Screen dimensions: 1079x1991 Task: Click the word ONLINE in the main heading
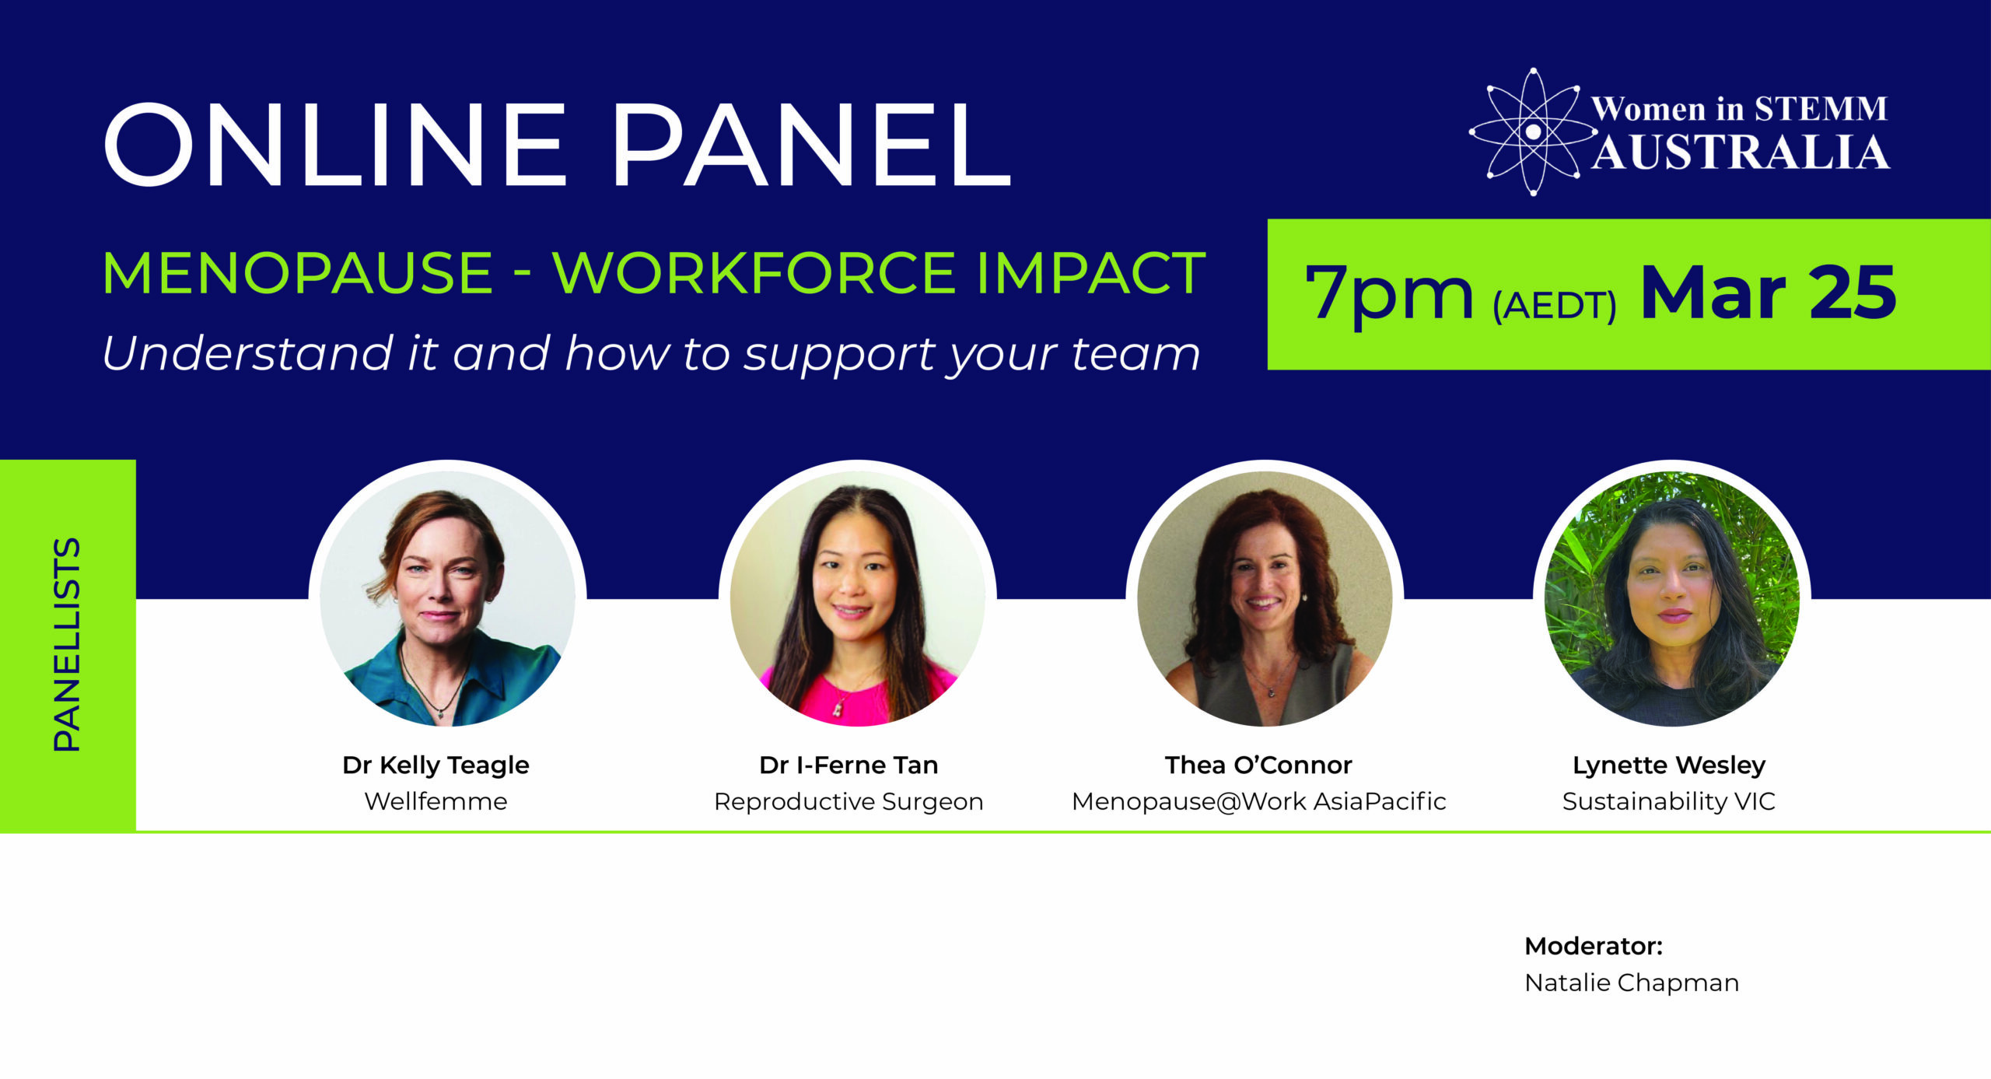(x=334, y=145)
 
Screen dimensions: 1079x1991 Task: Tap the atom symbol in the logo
(x=1532, y=132)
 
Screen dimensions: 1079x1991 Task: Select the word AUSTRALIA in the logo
(x=1741, y=152)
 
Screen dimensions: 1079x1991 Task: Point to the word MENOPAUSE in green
(x=297, y=274)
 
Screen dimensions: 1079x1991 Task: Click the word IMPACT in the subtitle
(x=1090, y=274)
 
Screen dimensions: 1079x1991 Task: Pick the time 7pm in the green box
(x=1389, y=294)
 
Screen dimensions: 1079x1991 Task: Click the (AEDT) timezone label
(x=1554, y=306)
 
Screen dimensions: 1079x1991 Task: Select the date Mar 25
(x=1768, y=293)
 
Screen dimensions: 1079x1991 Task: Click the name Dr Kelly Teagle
(x=436, y=765)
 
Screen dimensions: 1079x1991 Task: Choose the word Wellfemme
(x=436, y=801)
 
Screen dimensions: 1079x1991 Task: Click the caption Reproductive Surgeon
(x=849, y=802)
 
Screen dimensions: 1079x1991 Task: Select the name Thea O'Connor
(x=1258, y=765)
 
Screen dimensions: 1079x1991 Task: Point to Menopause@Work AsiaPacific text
(x=1258, y=801)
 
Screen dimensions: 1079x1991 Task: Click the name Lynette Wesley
(x=1669, y=765)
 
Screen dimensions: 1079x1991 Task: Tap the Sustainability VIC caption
(x=1669, y=801)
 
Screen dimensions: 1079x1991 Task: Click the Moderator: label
(x=1593, y=947)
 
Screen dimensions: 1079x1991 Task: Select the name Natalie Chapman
(x=1631, y=983)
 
